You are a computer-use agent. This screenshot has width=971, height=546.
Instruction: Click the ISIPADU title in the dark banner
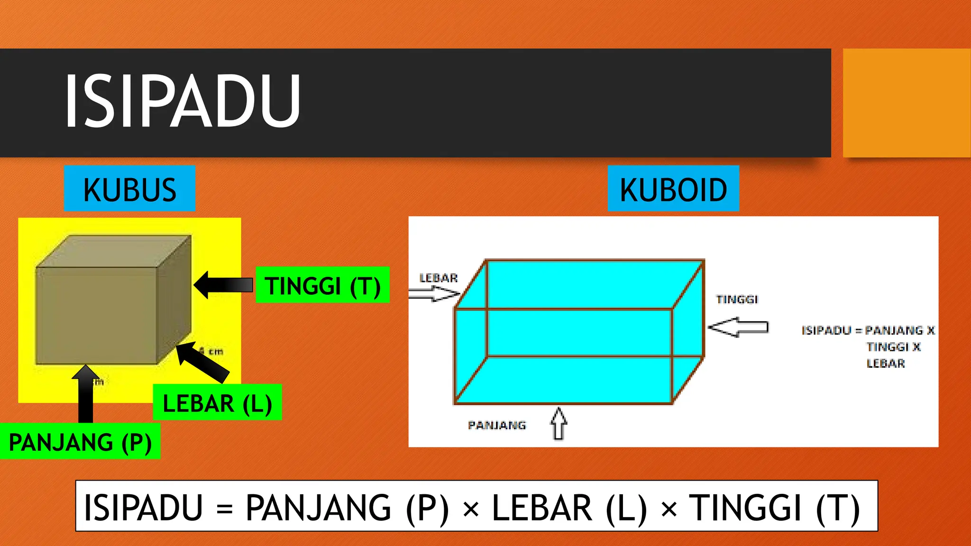pyautogui.click(x=183, y=101)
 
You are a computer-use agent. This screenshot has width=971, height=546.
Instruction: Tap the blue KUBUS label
pyautogui.click(x=129, y=189)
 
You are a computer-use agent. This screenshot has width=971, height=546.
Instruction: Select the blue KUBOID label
pyautogui.click(x=673, y=189)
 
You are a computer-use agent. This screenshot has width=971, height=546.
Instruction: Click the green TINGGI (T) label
pyautogui.click(x=322, y=285)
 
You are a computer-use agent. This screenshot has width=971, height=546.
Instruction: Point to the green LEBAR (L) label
pyautogui.click(x=217, y=403)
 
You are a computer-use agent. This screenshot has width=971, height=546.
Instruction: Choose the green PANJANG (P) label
pyautogui.click(x=80, y=442)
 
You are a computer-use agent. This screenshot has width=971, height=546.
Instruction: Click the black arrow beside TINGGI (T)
pyautogui.click(x=223, y=285)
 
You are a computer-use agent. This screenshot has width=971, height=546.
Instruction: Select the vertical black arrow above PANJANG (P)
pyautogui.click(x=85, y=393)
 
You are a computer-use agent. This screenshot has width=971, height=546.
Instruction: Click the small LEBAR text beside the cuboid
pyautogui.click(x=439, y=278)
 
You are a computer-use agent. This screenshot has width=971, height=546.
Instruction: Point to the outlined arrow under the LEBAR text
pyautogui.click(x=434, y=294)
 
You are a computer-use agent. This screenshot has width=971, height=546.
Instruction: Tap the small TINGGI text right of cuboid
pyautogui.click(x=737, y=300)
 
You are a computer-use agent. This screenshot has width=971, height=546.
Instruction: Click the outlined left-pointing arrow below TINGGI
pyautogui.click(x=738, y=327)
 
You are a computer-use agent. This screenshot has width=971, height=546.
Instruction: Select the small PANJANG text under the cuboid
pyautogui.click(x=497, y=425)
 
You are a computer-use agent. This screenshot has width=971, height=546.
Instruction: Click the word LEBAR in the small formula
pyautogui.click(x=886, y=364)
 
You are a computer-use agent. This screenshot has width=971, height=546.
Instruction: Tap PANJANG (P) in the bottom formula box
pyautogui.click(x=347, y=508)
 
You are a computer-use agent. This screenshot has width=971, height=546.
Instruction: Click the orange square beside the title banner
pyautogui.click(x=906, y=103)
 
